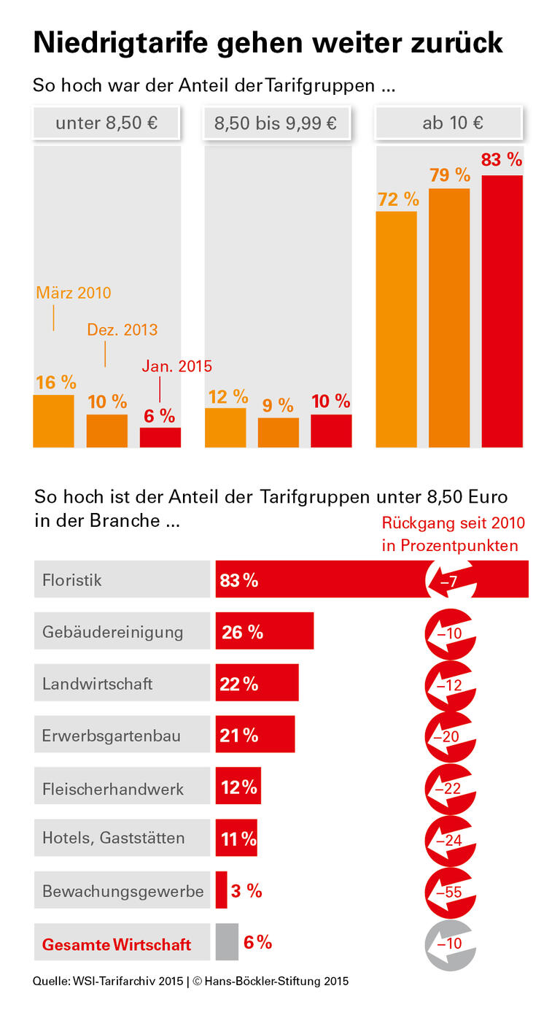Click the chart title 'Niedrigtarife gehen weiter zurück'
click(268, 43)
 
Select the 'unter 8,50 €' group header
click(106, 123)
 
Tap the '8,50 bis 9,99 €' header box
click(276, 123)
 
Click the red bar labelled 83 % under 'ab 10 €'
click(502, 312)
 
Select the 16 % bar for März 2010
click(53, 421)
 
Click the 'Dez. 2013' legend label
click(122, 330)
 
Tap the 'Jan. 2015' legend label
click(176, 366)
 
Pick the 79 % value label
click(449, 175)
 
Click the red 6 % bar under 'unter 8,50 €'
click(160, 437)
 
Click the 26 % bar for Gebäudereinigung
click(264, 631)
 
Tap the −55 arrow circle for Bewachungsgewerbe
click(450, 891)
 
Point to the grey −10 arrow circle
click(450, 943)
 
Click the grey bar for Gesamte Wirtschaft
click(227, 943)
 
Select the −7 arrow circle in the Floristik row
click(450, 581)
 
